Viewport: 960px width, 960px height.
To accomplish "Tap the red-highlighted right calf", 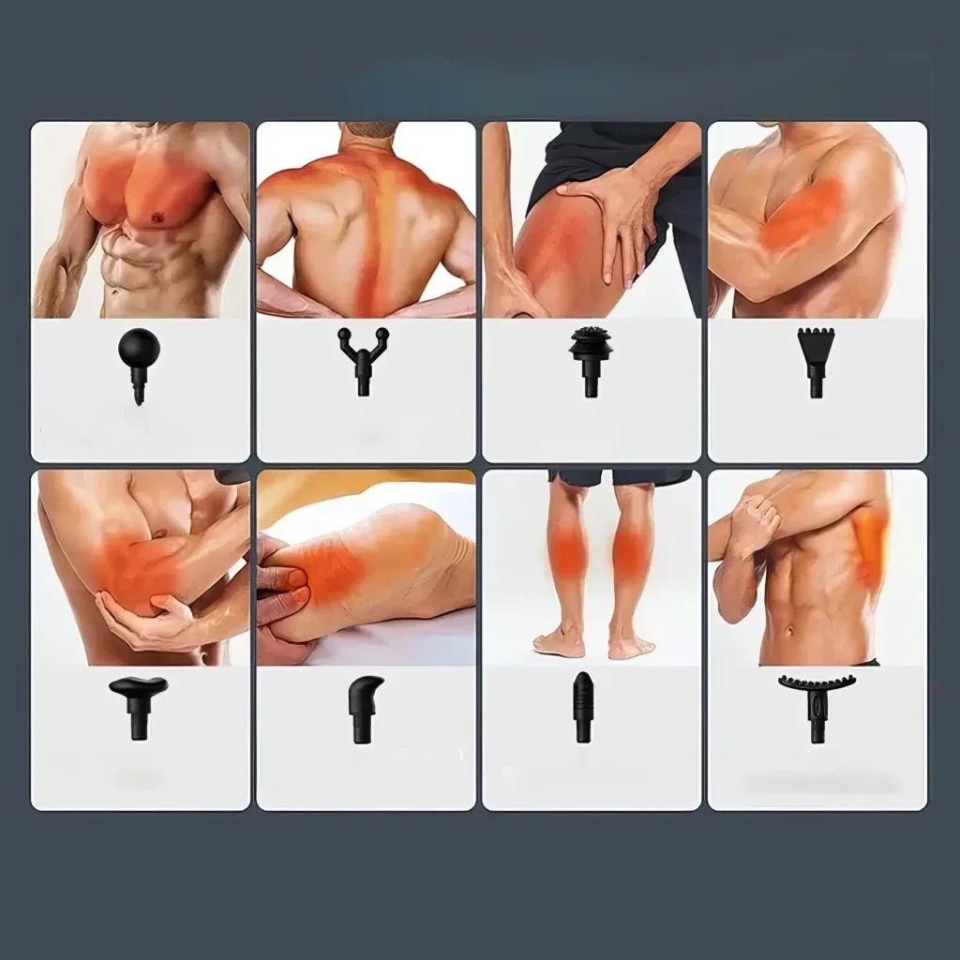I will click(629, 548).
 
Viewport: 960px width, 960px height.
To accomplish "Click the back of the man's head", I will click(366, 131).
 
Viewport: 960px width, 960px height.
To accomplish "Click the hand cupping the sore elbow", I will click(150, 623).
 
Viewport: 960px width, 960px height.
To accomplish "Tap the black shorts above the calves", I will click(619, 478).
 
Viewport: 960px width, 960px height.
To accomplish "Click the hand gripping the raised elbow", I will click(755, 516).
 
